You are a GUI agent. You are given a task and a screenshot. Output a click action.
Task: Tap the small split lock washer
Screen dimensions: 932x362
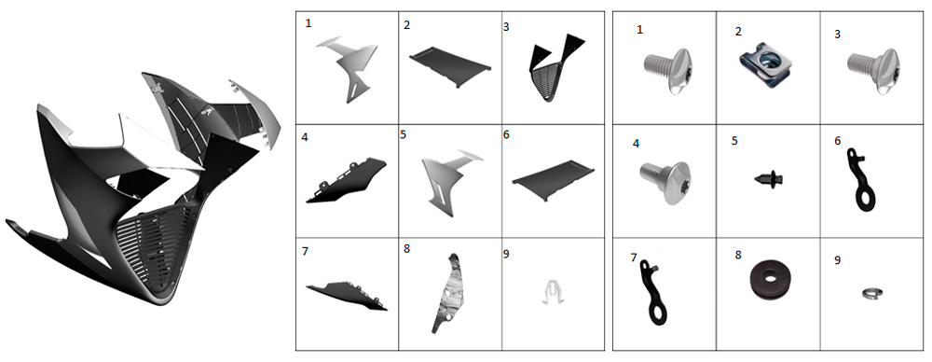(x=872, y=292)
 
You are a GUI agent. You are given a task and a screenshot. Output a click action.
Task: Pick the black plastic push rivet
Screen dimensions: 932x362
(x=769, y=178)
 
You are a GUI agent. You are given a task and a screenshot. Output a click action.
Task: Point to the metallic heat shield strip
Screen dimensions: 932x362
(x=449, y=292)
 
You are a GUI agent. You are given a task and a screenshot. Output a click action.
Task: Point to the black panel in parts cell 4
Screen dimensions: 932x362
(x=346, y=180)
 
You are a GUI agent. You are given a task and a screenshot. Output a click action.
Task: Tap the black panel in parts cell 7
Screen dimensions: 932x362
(x=346, y=296)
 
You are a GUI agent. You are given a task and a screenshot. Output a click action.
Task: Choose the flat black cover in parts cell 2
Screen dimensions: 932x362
(x=449, y=68)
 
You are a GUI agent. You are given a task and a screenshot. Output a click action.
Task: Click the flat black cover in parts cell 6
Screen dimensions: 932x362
(x=553, y=180)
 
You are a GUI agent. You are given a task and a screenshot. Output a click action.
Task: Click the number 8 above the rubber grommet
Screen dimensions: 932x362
(x=738, y=255)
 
